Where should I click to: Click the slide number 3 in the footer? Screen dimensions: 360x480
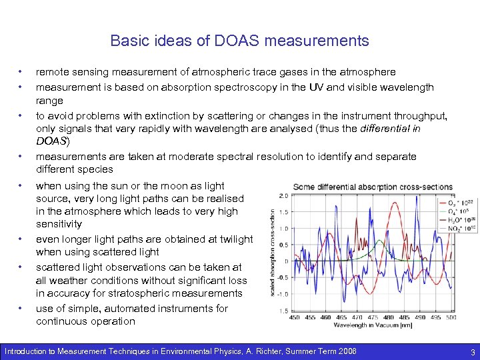tap(472, 351)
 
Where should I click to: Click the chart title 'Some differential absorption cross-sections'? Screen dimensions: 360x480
tap(373, 187)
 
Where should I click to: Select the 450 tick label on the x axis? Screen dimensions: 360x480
tap(294, 317)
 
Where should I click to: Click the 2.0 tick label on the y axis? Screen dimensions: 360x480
tap(283, 197)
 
